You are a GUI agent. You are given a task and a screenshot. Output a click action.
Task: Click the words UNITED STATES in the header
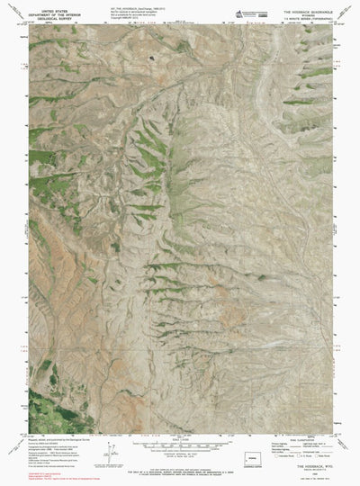click(x=55, y=5)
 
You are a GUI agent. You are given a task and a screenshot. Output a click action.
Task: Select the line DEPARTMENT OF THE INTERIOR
click(x=55, y=10)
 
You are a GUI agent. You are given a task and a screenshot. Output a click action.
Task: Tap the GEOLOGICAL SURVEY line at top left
click(x=55, y=14)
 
